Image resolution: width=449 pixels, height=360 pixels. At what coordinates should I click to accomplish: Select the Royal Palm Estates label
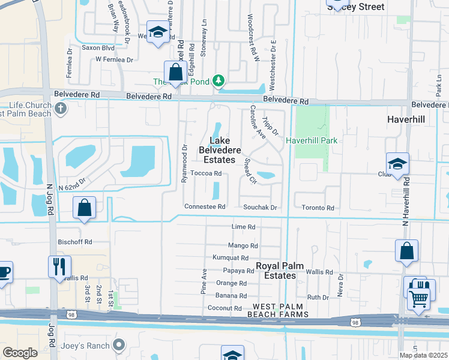click(276, 271)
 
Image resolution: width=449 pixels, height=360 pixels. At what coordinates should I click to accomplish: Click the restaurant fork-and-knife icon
click(59, 266)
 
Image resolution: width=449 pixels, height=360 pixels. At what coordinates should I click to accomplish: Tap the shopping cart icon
click(418, 296)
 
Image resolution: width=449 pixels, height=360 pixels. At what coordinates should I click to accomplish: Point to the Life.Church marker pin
click(59, 109)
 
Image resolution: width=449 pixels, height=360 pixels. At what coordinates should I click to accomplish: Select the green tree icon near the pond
click(220, 80)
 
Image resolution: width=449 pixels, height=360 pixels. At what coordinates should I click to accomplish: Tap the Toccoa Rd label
click(206, 173)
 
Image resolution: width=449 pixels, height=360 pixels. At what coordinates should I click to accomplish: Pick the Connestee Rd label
click(205, 207)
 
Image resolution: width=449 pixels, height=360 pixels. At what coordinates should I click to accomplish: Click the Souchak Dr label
click(260, 208)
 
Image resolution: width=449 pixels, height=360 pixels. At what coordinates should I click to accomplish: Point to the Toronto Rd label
click(318, 208)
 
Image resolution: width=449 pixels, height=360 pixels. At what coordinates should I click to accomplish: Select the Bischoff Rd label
click(76, 242)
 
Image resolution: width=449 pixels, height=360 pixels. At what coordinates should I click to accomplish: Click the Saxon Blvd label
click(98, 47)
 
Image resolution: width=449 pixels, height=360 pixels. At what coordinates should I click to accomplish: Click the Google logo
click(20, 353)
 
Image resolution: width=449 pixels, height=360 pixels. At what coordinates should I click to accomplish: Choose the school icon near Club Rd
click(397, 164)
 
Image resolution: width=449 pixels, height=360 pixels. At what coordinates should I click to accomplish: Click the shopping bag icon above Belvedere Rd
click(175, 73)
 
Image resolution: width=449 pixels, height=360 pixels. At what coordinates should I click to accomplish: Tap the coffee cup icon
click(4, 272)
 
